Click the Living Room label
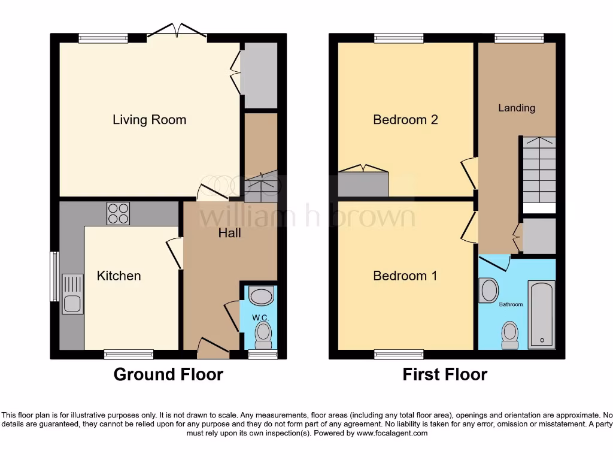pos(149,120)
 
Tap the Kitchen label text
pos(119,276)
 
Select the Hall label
pos(229,232)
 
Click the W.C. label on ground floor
pos(259,317)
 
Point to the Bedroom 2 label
pos(405,120)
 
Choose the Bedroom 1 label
pos(405,276)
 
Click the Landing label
pos(517,108)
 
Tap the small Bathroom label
pos(511,304)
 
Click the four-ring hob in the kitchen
pos(118,214)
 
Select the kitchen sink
pos(72,293)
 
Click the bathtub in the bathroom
pos(542,313)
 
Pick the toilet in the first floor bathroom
pos(510,335)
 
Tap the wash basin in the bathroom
pos(488,290)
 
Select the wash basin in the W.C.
pos(261,295)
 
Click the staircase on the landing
pos(539,170)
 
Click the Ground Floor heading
pos(168,375)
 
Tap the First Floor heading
pos(445,375)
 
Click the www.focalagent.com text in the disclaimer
pos(392,433)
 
